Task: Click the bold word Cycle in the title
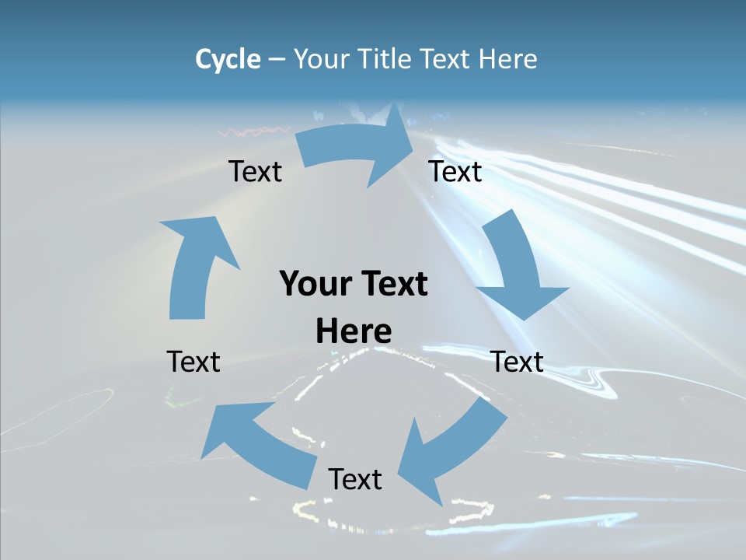228,59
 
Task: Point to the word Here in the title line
508,59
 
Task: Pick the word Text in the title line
447,59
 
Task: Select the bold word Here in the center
354,331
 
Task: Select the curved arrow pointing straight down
517,264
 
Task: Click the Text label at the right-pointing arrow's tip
455,171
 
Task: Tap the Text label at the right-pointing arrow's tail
255,171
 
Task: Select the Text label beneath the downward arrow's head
518,362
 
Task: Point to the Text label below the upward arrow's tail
193,362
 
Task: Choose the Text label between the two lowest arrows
355,479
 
